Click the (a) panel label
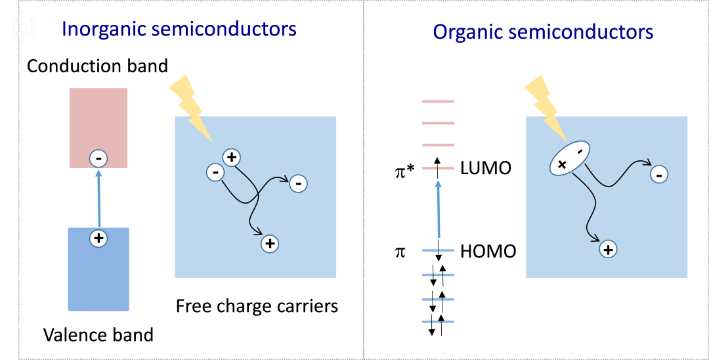(x=23, y=28)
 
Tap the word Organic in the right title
(x=467, y=32)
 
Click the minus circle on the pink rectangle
(x=98, y=158)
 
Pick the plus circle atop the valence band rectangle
(x=98, y=238)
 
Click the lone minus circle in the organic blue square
(x=659, y=173)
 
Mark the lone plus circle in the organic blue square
(x=609, y=249)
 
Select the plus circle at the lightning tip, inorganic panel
(x=231, y=157)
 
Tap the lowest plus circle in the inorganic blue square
(x=270, y=243)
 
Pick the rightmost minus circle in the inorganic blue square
(x=298, y=183)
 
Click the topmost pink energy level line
(x=437, y=102)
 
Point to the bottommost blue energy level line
(x=437, y=321)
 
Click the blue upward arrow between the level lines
(x=438, y=210)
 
